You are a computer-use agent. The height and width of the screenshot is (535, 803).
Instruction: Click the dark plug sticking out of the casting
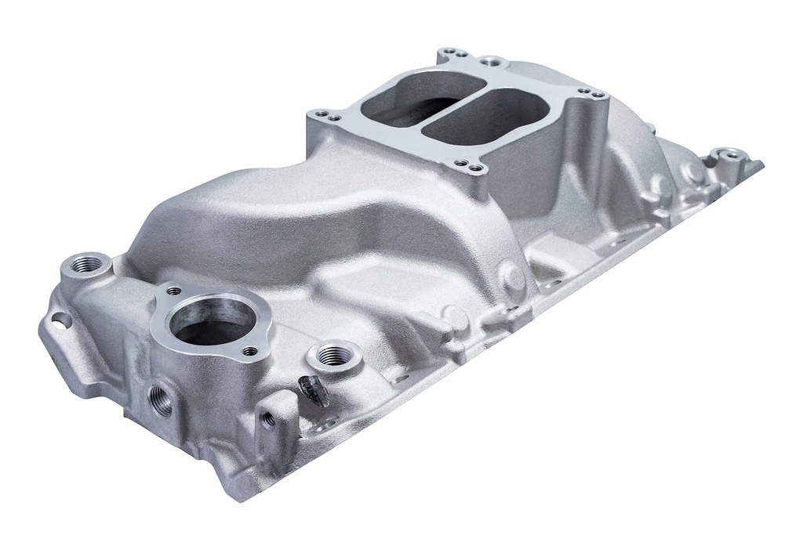tap(314, 389)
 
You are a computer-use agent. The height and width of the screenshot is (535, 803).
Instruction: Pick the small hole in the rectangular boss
tap(270, 418)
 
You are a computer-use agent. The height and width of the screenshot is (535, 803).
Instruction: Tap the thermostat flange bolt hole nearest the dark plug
tap(249, 351)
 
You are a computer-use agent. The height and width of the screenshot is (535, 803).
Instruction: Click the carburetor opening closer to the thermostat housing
tap(408, 100)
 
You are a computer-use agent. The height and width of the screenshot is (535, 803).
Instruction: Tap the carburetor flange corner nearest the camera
tap(468, 167)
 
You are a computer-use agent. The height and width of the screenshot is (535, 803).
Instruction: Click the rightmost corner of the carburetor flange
tap(592, 95)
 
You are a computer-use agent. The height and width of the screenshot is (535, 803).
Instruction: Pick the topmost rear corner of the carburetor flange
tap(452, 54)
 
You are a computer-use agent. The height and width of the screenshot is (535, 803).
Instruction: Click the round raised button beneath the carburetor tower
tap(514, 276)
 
